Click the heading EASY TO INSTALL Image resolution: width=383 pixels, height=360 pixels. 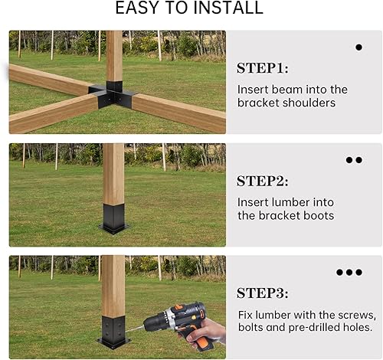coord(188,9)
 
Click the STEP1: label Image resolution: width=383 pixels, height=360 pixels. coord(262,68)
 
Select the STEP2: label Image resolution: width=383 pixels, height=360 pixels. coord(262,182)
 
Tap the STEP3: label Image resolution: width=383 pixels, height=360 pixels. coord(262,293)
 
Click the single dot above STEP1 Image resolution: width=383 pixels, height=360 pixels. coord(358,47)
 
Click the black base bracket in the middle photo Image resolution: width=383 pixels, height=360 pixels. coord(113,218)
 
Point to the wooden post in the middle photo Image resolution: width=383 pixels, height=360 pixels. coord(113,172)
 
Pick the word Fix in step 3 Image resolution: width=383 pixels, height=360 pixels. coord(247,315)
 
